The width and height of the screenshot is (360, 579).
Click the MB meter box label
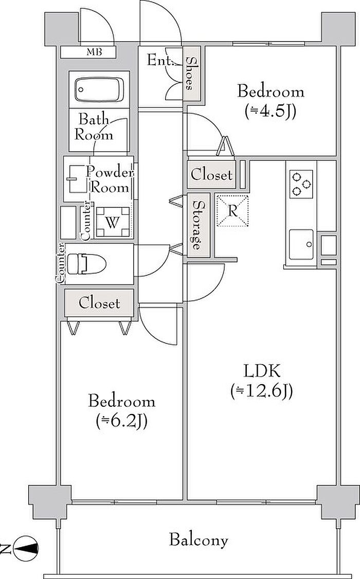94,52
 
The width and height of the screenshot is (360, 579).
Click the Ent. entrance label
158,61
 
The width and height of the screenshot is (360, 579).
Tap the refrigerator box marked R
232,211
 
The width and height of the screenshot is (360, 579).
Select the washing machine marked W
113,222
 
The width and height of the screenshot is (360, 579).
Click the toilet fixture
87,264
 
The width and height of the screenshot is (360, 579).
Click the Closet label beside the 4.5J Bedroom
211,174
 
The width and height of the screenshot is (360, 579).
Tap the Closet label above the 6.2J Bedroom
99,303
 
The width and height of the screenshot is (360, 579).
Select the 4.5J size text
271,111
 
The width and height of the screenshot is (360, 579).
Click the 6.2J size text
122,421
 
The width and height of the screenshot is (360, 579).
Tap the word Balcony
199,540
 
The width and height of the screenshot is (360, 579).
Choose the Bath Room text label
94,128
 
